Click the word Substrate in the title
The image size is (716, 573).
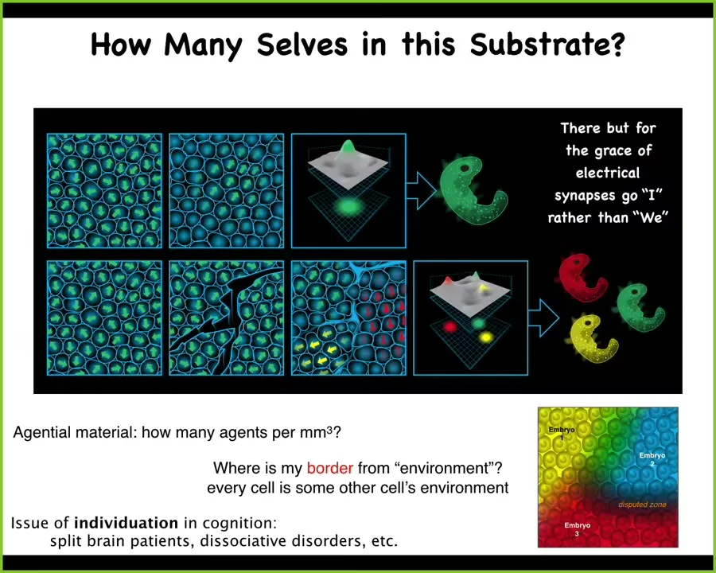coord(547,45)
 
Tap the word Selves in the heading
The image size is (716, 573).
coord(302,45)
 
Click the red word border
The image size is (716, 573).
coord(329,468)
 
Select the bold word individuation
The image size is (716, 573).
coord(126,522)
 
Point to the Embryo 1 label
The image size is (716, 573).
coord(562,433)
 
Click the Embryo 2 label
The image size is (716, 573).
coord(652,459)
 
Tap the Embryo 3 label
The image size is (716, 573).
coord(578,529)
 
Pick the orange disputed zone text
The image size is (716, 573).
coord(642,505)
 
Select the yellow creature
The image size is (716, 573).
coord(592,338)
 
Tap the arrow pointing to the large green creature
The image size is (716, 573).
coord(421,189)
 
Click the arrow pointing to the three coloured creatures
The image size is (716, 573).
coord(543,318)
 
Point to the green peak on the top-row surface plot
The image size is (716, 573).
coord(348,147)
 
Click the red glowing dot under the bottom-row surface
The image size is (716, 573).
coord(450,327)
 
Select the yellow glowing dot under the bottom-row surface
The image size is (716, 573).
coord(486,337)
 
